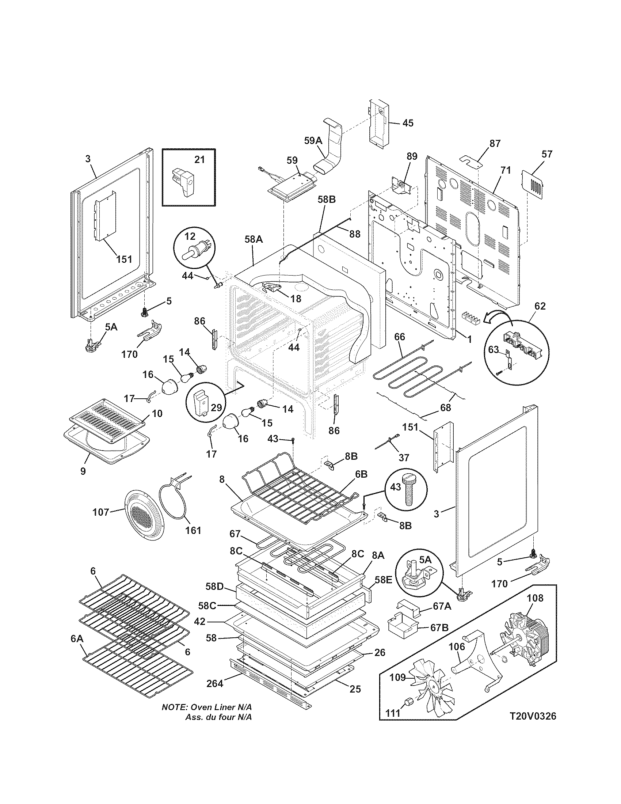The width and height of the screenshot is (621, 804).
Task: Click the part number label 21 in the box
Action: point(199,160)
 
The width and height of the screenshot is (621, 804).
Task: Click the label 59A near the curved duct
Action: point(313,141)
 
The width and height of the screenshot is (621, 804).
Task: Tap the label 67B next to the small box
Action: point(439,627)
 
